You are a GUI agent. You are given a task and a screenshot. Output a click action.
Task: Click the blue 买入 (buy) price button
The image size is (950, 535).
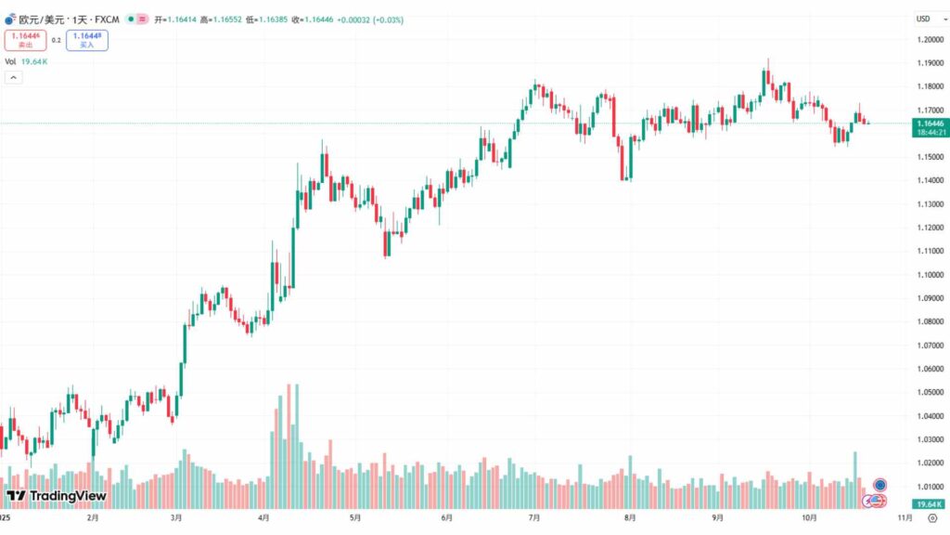pos(86,40)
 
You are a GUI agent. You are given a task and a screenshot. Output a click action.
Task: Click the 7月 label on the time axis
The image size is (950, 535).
pos(533,517)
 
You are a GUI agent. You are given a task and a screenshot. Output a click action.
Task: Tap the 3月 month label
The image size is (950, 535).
pos(175,517)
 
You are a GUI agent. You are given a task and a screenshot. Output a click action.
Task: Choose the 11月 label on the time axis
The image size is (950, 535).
pos(899,517)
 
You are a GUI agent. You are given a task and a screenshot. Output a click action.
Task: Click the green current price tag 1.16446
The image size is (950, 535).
pos(930,123)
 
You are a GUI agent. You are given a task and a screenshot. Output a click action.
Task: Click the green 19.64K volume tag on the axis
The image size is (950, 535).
pos(929,502)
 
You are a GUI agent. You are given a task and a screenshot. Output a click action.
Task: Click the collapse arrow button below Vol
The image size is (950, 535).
pos(14,77)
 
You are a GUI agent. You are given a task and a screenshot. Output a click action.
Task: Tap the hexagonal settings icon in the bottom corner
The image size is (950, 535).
pos(931,517)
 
